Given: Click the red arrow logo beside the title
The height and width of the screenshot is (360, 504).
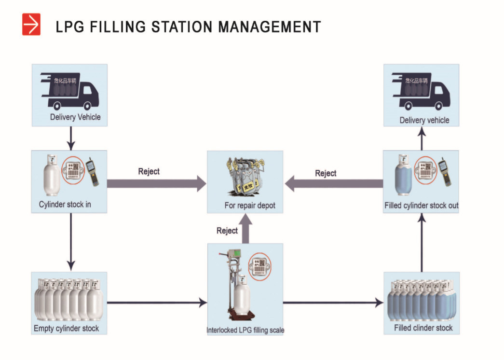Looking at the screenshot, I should pos(31,25).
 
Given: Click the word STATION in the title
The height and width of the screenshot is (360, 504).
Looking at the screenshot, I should pos(183,27).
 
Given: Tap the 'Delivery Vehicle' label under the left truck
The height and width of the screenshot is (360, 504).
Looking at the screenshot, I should pos(75,117).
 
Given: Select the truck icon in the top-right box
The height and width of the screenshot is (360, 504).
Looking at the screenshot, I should pos(421,90).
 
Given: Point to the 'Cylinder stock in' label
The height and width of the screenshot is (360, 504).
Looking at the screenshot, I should pos(65,205).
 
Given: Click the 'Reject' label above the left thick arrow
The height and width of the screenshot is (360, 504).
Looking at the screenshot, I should pos(149,171).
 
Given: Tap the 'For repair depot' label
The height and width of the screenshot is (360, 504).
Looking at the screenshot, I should pos(250,206).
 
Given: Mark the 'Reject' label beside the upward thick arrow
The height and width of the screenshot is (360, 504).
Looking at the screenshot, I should pos(227,231).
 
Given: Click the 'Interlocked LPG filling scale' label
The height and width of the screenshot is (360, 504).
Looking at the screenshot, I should pos(245,331).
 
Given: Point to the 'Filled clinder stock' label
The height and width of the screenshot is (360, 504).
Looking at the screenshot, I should pos(423,328).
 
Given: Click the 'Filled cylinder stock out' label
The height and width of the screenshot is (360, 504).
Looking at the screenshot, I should pos(421,206).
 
